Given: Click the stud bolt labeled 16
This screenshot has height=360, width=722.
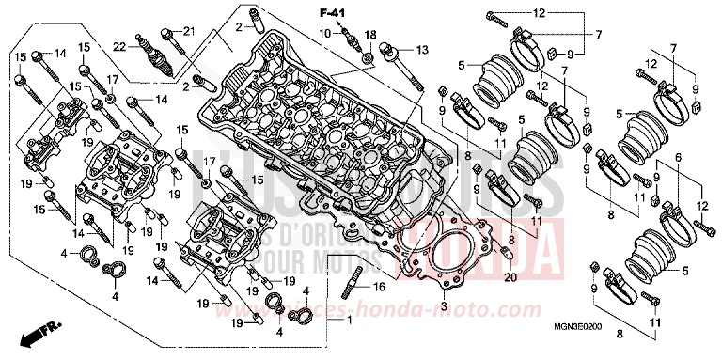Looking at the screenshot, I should point(358,281).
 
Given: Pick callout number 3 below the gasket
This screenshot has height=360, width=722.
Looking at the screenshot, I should point(443,306).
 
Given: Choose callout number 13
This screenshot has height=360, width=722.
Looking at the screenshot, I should point(421,48).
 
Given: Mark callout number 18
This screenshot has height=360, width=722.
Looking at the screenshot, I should point(370,35).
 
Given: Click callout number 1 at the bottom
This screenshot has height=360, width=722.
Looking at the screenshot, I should point(350,321).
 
